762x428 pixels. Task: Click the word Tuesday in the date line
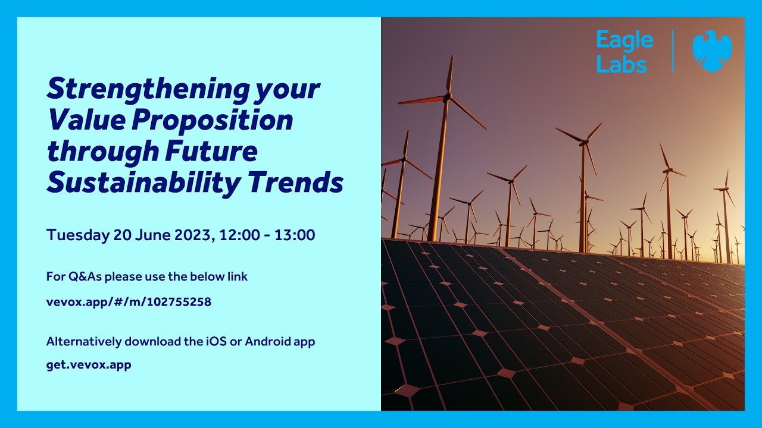point(77,235)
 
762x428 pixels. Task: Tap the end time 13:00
point(295,235)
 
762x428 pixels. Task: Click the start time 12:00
point(239,235)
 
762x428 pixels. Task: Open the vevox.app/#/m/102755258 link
point(129,302)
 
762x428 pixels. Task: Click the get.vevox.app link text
point(89,364)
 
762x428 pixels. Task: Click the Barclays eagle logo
point(712,51)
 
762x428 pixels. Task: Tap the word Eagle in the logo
point(624,41)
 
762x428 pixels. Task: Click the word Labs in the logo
point(621,64)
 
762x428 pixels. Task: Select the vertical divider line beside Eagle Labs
point(673,52)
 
